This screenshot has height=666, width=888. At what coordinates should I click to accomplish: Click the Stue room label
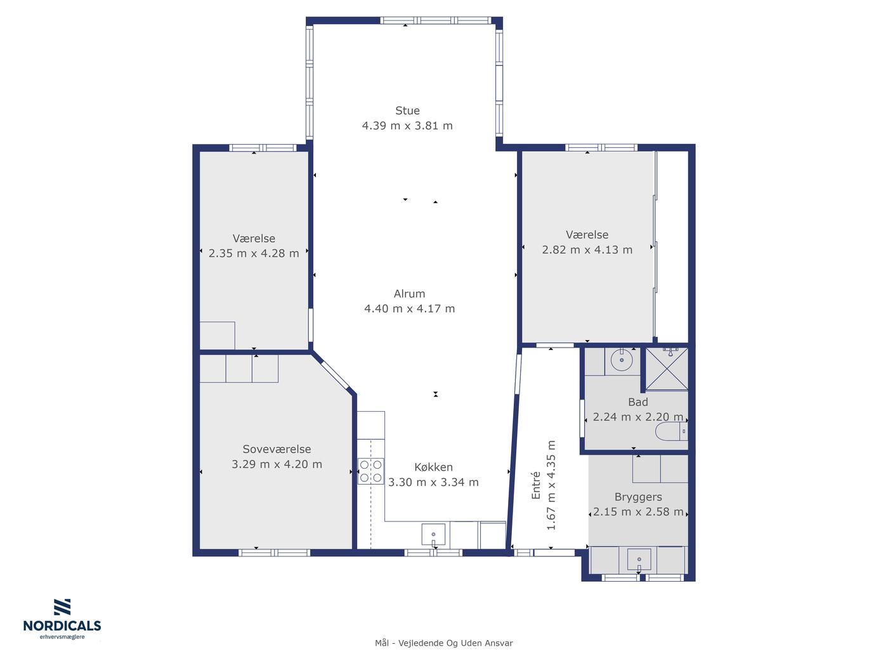click(407, 110)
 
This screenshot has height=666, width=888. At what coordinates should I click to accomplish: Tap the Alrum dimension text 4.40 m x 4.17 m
click(409, 308)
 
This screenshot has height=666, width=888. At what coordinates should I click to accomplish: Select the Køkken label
click(433, 467)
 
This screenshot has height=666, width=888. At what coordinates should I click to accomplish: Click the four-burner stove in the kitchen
click(370, 471)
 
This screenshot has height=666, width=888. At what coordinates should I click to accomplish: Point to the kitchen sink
click(433, 535)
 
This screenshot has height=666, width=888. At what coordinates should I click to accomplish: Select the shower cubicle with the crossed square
click(667, 369)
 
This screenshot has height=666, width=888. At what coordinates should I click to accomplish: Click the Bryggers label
click(638, 497)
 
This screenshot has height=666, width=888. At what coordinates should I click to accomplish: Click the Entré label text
click(535, 485)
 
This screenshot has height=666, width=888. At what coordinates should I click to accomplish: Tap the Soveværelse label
click(277, 449)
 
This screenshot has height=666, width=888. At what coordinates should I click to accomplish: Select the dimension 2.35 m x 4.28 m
click(254, 253)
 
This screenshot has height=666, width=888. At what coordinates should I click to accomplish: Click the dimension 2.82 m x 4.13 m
click(587, 249)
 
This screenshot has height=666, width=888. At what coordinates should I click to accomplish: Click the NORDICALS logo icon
click(62, 606)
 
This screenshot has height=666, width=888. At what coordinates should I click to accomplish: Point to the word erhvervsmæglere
click(62, 637)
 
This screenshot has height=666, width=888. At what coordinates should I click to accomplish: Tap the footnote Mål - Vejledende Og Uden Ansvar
click(444, 643)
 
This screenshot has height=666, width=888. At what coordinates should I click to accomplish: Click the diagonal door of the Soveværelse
click(335, 374)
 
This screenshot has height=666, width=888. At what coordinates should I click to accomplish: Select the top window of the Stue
click(436, 21)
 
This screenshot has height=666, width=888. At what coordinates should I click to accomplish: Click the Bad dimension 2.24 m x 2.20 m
click(638, 417)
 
